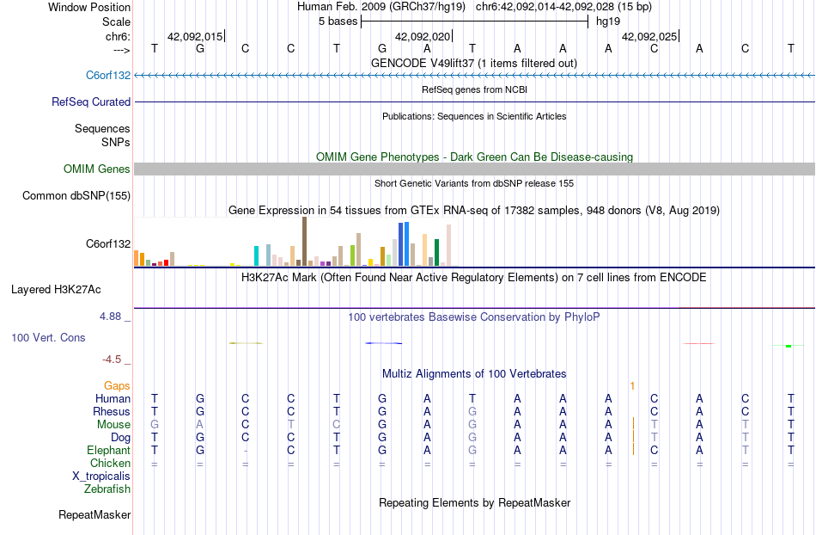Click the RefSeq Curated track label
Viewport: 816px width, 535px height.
91,101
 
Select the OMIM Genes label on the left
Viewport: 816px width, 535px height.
96,169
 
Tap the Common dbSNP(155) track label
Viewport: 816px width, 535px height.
76,195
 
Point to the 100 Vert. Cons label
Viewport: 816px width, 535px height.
48,338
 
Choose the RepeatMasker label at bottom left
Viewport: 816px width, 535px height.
94,515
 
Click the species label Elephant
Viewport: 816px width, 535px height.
108,450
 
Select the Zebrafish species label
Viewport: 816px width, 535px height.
107,489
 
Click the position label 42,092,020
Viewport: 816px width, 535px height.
422,37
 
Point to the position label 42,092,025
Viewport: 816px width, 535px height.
649,37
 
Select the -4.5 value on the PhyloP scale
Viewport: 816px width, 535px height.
116,360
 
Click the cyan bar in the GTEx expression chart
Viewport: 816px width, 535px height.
257,255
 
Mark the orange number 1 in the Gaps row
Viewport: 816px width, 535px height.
632,386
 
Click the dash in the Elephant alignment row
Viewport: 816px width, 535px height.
246,450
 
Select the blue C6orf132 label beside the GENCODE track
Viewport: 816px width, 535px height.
108,75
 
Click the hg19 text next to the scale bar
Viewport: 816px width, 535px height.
608,20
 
